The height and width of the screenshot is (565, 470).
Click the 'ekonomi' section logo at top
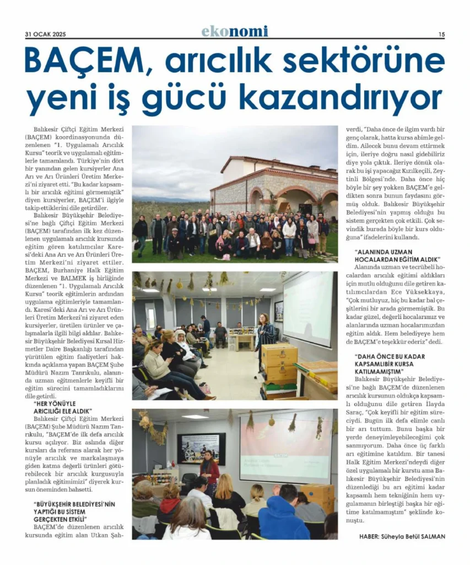point(234,31)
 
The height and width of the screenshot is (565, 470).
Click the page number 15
point(441,34)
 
